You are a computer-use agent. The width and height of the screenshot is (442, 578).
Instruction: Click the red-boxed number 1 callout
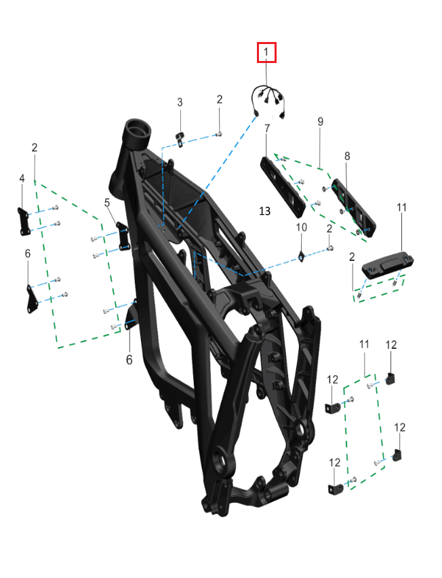pyautogui.click(x=266, y=52)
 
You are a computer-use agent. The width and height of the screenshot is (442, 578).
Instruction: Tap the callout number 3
pyautogui.click(x=180, y=102)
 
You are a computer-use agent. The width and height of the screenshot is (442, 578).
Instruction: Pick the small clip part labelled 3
pyautogui.click(x=180, y=138)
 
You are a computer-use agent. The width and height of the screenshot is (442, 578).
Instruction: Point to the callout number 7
pyautogui.click(x=267, y=128)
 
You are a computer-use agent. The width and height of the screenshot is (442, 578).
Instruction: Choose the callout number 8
pyautogui.click(x=347, y=156)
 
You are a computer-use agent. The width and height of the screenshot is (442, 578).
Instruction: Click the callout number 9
pyautogui.click(x=321, y=121)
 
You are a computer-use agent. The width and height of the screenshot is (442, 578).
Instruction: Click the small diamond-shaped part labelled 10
pyautogui.click(x=301, y=255)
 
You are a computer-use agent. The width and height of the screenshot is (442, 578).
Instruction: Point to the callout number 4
pyautogui.click(x=22, y=178)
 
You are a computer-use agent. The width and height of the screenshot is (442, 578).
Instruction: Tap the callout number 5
pyautogui.click(x=107, y=202)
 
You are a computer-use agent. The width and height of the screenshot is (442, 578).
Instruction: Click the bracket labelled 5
pyautogui.click(x=123, y=236)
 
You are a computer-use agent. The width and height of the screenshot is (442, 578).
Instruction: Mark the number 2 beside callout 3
pyautogui.click(x=219, y=100)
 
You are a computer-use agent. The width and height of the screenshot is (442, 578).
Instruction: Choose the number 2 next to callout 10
pyautogui.click(x=329, y=229)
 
